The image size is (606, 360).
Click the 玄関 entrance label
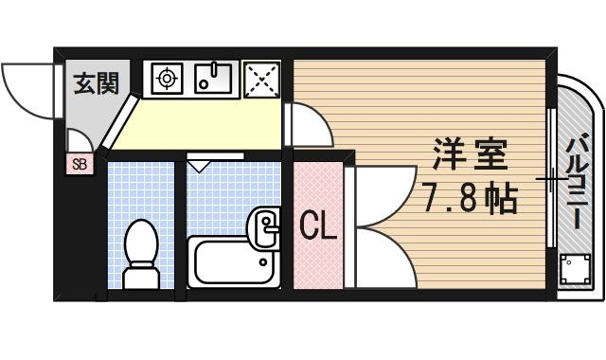coord(96,83)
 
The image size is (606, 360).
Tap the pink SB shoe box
coord(80,165)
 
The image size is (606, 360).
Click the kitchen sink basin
coord(217,79)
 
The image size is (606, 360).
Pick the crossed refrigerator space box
coord(262,79)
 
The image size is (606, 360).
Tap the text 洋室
coord(471,154)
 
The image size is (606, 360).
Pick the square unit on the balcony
coord(574,274)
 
